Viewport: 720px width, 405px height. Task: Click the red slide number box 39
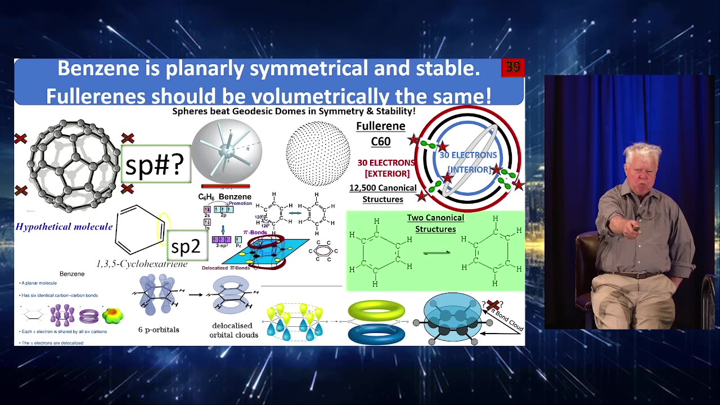point(512,67)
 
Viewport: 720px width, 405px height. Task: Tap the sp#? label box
point(155,164)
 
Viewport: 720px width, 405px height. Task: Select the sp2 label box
point(186,246)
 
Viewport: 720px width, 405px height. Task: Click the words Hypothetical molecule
point(64,227)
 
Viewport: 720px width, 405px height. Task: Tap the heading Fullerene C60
point(381,133)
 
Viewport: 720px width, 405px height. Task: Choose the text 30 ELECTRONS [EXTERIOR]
point(386,168)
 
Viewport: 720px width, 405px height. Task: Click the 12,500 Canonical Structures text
point(383,193)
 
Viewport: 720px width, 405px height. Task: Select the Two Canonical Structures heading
point(435,223)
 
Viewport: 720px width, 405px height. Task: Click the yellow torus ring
point(376,310)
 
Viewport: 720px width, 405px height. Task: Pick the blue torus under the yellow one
point(376,333)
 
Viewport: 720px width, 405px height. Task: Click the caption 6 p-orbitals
point(159,330)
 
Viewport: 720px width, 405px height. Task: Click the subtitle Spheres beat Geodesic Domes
point(294,111)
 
